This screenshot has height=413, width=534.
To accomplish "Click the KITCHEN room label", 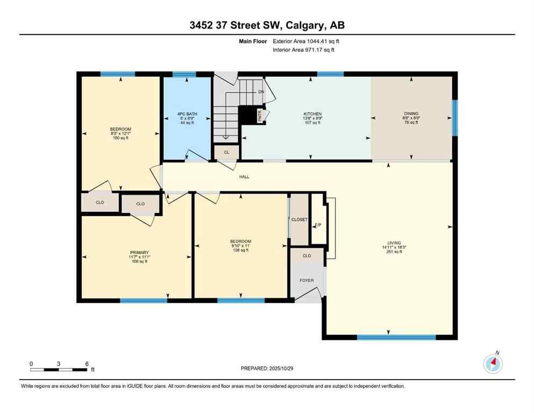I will click(312, 114).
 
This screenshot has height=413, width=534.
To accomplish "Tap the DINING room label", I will click(411, 114).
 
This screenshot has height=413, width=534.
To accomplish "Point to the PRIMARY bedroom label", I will click(139, 253).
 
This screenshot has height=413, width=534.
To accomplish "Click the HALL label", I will click(244, 176).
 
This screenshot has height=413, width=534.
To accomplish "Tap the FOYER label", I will click(307, 280).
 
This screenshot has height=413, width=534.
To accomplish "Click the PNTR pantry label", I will click(259, 116).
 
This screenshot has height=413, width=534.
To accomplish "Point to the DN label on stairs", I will click(261, 92).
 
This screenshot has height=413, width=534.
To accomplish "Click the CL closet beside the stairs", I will click(226, 152).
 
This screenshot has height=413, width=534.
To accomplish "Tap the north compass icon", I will click(493, 364).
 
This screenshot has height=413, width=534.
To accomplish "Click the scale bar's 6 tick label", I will click(87, 364).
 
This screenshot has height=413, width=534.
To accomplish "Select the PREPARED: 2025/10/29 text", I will click(267, 368).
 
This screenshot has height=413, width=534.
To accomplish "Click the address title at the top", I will click(267, 25).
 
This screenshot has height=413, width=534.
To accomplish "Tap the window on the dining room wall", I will click(454, 118).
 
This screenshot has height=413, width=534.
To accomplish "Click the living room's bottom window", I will click(396, 337).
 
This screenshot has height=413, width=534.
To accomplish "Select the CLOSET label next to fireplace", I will click(299, 219).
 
